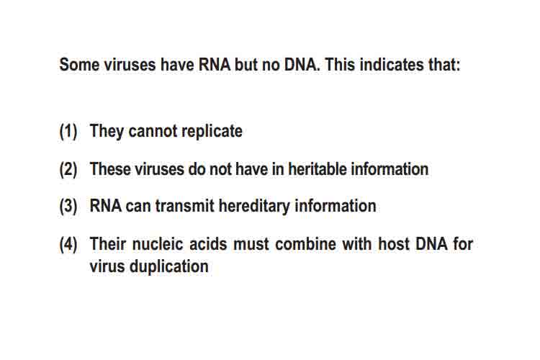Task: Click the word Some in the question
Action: (79, 65)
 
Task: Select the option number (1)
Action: (68, 132)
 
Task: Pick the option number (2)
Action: (68, 169)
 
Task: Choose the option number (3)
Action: (68, 207)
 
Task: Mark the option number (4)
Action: (68, 244)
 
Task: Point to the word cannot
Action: (153, 131)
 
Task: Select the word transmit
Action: (185, 206)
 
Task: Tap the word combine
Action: (305, 244)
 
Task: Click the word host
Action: (394, 244)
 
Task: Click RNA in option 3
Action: (105, 206)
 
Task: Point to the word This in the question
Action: (340, 65)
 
